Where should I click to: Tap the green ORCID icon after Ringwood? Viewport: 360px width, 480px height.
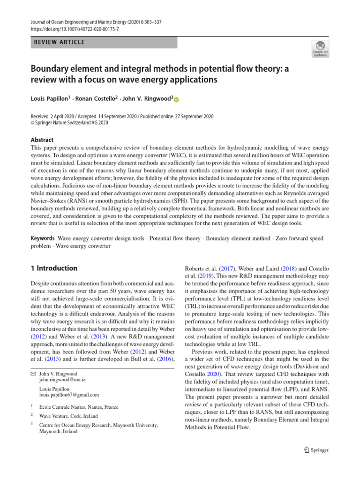[177, 99]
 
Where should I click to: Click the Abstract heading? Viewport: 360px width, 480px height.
[42, 140]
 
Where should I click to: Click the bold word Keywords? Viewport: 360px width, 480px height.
[43, 239]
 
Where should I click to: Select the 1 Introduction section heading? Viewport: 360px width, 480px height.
[53, 269]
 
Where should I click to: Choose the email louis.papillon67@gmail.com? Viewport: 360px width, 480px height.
[69, 395]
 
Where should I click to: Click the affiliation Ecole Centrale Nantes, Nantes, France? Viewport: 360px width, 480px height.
[79, 407]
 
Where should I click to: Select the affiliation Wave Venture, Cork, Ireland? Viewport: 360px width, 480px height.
[68, 416]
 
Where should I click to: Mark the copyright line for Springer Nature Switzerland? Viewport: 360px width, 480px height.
[69, 123]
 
